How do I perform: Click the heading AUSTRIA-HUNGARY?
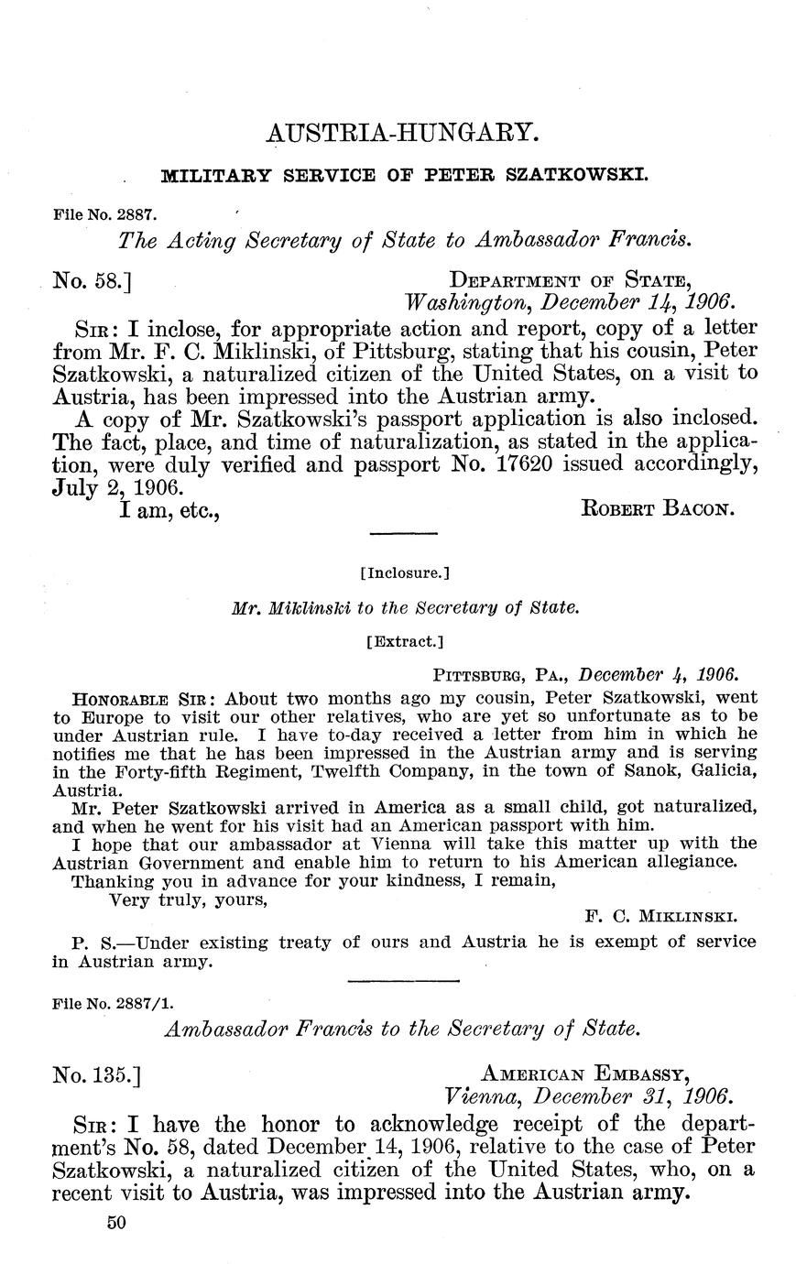[x=398, y=134]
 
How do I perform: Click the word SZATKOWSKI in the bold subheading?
[x=578, y=173]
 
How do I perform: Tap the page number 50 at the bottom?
[x=115, y=1222]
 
